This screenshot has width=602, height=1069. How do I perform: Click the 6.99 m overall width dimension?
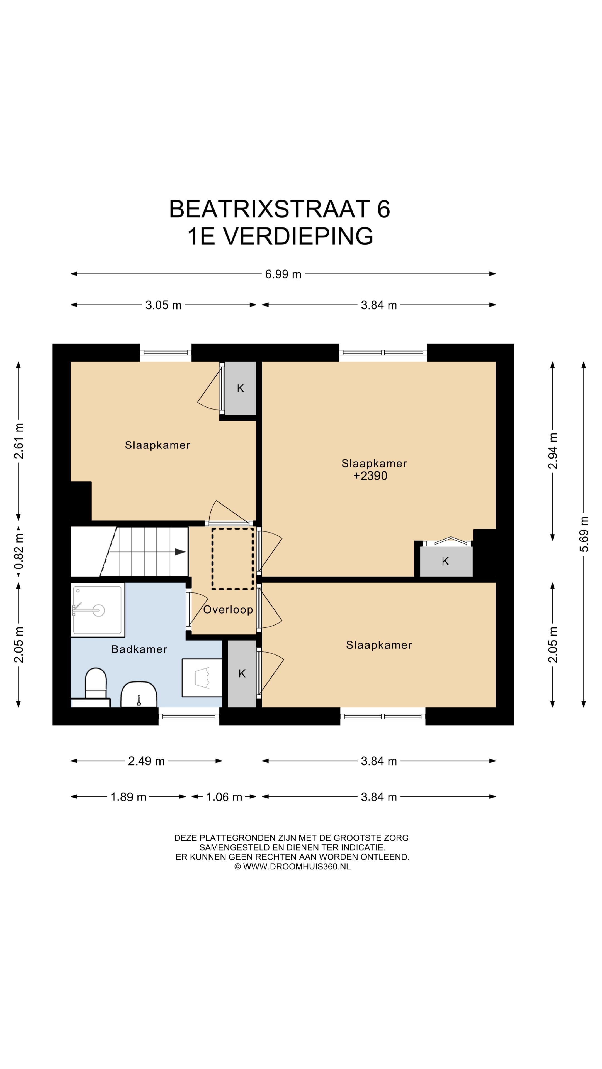tap(283, 274)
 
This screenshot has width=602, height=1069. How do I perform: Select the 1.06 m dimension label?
tap(224, 797)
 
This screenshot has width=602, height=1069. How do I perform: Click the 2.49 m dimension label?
tap(146, 761)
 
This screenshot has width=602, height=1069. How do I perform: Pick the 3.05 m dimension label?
tap(163, 305)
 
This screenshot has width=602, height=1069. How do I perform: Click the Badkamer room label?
tap(139, 649)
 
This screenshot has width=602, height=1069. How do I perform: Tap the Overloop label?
tap(228, 610)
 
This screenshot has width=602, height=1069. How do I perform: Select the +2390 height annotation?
tap(370, 476)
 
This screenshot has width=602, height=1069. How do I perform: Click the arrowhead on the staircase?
tap(180, 552)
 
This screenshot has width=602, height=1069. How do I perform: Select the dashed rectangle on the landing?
tap(233, 558)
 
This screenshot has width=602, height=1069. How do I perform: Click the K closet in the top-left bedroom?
tap(240, 388)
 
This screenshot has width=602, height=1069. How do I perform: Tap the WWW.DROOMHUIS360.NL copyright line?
tap(292, 867)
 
